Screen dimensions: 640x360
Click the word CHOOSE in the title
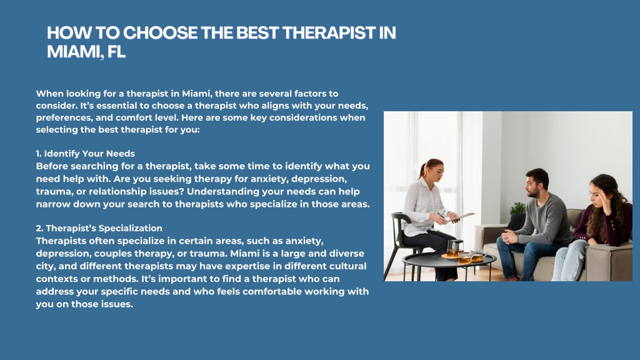pyautogui.click(x=160, y=33)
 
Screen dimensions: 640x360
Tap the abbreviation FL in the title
pyautogui.click(x=116, y=52)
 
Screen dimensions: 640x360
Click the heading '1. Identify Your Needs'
pyautogui.click(x=85, y=154)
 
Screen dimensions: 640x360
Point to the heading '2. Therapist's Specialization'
pyautogui.click(x=99, y=228)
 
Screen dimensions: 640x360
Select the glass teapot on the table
pyautogui.click(x=454, y=248)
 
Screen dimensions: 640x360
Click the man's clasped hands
pyautogui.click(x=509, y=236)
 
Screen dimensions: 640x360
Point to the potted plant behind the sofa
pyautogui.click(x=517, y=209)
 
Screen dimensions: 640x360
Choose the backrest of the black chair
pyautogui.click(x=398, y=224)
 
